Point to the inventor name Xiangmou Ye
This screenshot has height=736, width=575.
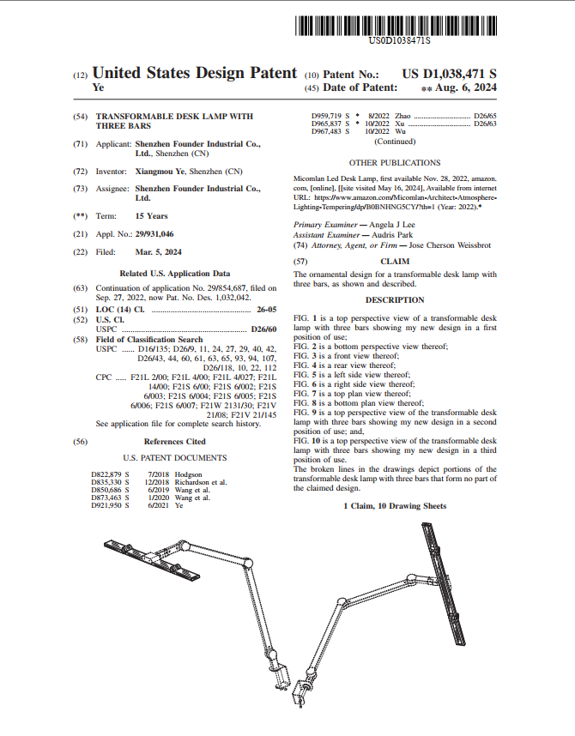coord(160,172)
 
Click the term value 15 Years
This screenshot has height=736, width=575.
coord(151,216)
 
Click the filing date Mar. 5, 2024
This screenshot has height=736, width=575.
coord(158,252)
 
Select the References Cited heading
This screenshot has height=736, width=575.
coord(174,442)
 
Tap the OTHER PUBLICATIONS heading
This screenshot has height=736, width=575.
coord(395,162)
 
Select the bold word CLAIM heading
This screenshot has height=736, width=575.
coord(395,260)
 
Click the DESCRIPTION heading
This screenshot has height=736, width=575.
coord(395,300)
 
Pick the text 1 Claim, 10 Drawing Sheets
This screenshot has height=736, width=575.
coord(395,506)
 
